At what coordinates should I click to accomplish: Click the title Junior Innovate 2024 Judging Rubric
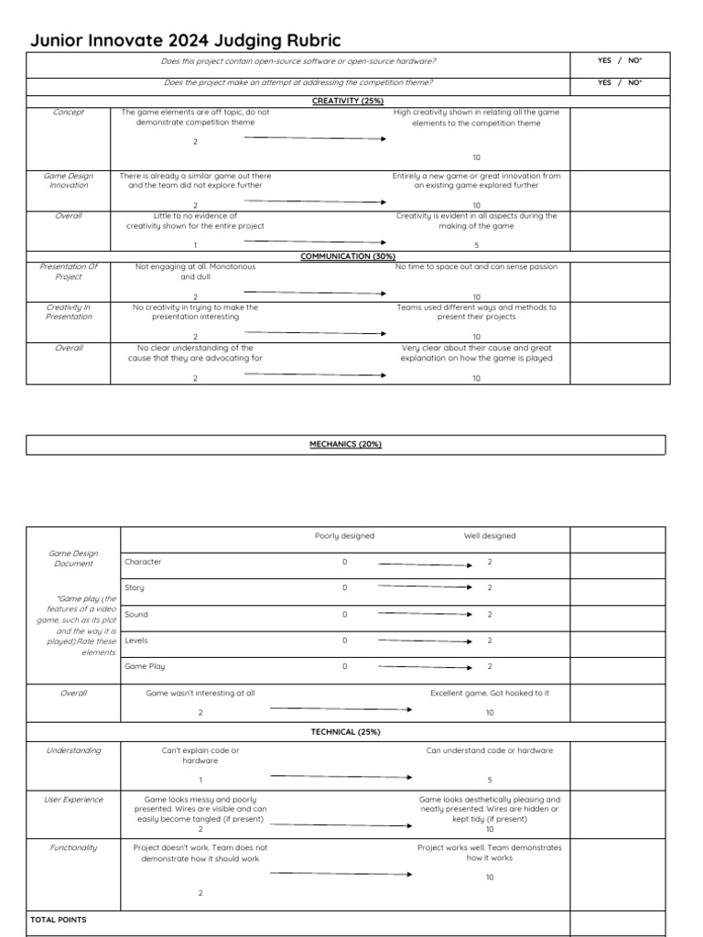(x=185, y=40)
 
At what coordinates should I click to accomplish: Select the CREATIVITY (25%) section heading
(x=348, y=101)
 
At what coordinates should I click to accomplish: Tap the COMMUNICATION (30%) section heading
(x=348, y=256)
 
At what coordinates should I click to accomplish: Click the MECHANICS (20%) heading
(x=345, y=445)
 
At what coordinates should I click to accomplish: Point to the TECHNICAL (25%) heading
(x=345, y=732)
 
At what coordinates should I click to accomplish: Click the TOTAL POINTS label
(x=59, y=920)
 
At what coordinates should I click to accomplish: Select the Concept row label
(x=69, y=113)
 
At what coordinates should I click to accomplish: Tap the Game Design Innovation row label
(x=69, y=180)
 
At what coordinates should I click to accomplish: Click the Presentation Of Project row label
(x=69, y=272)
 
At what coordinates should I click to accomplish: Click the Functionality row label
(x=73, y=847)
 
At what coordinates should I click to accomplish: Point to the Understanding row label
(x=73, y=750)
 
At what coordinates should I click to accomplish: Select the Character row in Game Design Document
(x=143, y=562)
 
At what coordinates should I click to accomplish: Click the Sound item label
(x=136, y=615)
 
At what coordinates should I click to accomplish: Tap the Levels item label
(x=136, y=641)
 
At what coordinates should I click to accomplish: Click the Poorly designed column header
(x=344, y=536)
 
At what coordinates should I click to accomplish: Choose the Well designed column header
(x=489, y=536)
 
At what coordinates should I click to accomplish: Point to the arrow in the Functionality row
(x=341, y=873)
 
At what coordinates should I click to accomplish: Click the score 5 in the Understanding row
(x=490, y=780)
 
